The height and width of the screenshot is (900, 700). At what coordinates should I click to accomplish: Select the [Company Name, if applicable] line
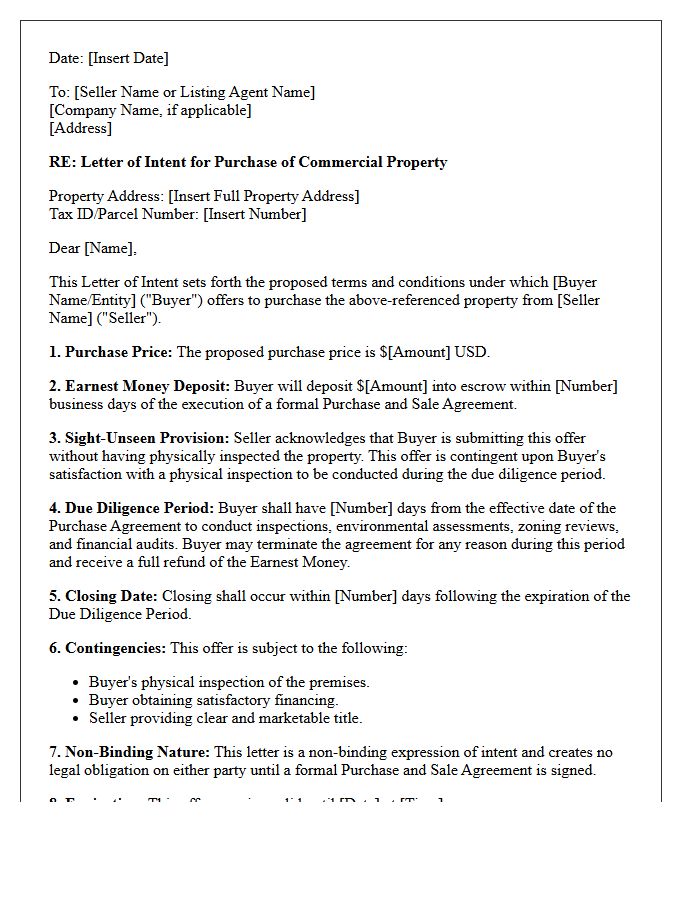tap(150, 110)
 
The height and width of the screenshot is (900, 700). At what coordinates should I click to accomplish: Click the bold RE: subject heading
tap(248, 162)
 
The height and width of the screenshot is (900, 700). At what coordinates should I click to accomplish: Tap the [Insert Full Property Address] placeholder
tap(265, 196)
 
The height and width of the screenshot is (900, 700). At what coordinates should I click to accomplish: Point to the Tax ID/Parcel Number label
tap(123, 214)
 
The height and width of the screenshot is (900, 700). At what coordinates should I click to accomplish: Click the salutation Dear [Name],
tap(93, 248)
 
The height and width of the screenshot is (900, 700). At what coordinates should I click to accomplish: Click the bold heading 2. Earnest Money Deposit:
tap(140, 386)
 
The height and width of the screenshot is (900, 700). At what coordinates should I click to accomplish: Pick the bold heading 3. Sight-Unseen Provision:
tap(139, 438)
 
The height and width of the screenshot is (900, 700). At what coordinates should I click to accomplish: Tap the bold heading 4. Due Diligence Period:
tap(131, 508)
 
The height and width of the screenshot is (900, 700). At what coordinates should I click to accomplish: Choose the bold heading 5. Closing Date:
tap(103, 596)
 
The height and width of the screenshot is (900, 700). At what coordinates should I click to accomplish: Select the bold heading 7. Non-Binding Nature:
tap(129, 752)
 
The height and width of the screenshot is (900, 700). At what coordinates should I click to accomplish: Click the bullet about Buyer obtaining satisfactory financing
tap(213, 700)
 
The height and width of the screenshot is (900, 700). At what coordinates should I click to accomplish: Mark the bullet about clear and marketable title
tap(225, 718)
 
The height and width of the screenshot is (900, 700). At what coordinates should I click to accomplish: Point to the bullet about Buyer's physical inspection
tap(229, 682)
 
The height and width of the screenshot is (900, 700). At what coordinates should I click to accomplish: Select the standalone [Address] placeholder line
tap(80, 128)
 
